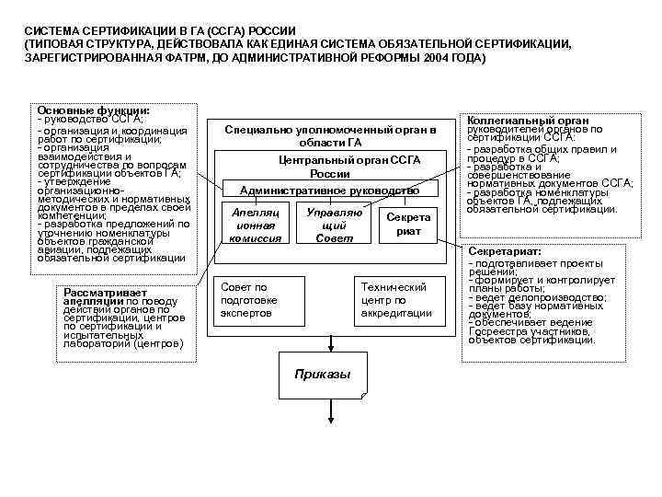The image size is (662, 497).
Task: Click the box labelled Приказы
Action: (x=323, y=375)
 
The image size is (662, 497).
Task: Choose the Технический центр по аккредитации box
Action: (x=395, y=300)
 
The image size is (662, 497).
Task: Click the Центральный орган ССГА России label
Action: (x=329, y=167)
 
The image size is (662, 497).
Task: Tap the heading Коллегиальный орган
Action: (x=517, y=121)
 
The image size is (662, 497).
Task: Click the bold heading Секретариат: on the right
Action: (x=505, y=251)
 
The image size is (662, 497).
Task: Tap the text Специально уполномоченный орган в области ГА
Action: (x=329, y=135)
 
